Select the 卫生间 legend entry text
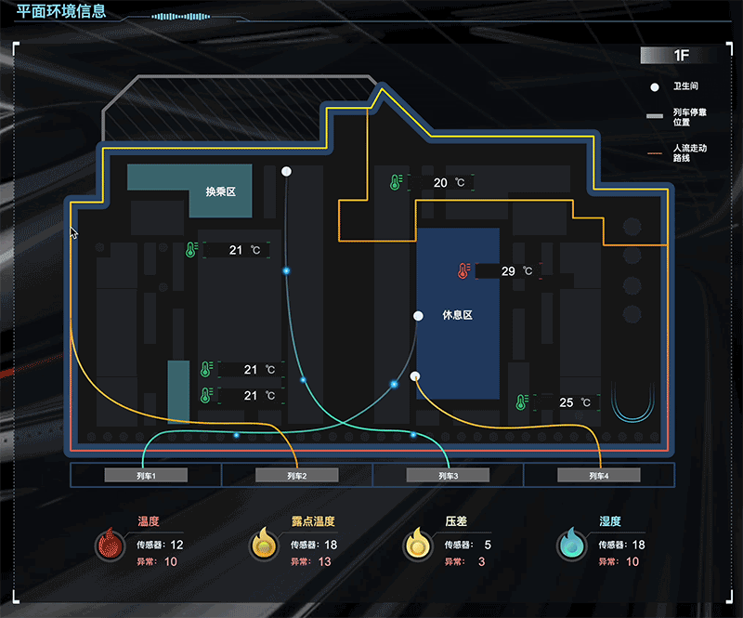pos(685,86)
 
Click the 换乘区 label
pos(221,191)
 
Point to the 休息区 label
pos(458,316)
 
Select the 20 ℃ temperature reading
pos(449,183)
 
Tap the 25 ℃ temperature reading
pos(575,402)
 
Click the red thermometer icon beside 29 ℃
pos(463,271)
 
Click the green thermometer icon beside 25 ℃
pos(522,402)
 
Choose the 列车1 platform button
pos(146,476)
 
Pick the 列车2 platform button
pos(297,476)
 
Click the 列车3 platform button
pos(449,476)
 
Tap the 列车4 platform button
pos(599,476)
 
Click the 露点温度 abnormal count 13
pos(324,562)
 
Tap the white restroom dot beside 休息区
pos(419,316)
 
